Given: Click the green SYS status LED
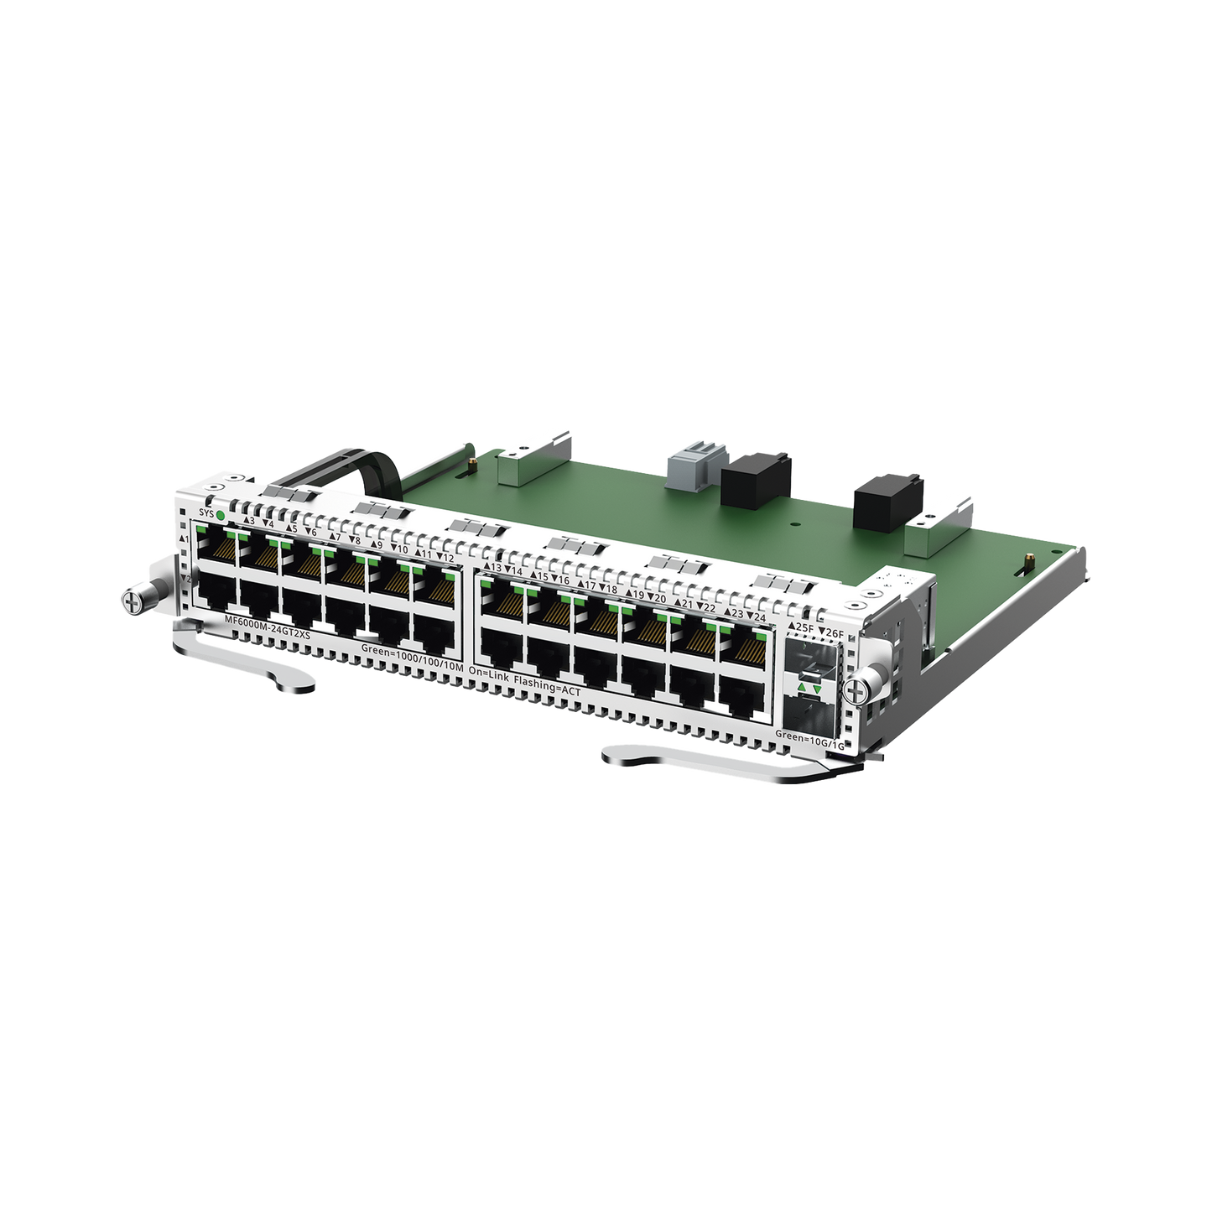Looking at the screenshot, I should pyautogui.click(x=220, y=514).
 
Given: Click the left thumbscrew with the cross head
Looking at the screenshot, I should pyautogui.click(x=131, y=601).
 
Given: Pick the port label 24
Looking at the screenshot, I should pyautogui.click(x=760, y=616).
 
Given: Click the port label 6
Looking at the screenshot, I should pyautogui.click(x=311, y=533).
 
